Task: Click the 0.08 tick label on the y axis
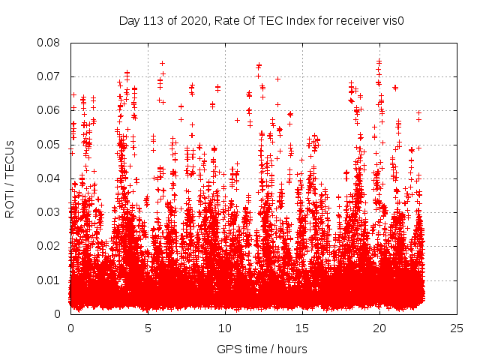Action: coord(49,43)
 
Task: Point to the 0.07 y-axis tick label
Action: coord(49,76)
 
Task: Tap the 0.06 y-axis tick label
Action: coord(49,110)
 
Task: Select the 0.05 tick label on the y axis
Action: coord(49,144)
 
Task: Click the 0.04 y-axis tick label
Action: coord(49,178)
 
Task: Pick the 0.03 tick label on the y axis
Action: coord(49,212)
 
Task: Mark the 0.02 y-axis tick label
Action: coord(49,246)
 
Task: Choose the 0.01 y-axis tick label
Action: coord(49,280)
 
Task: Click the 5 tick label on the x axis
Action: coord(148,328)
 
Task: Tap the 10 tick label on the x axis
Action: coord(225,328)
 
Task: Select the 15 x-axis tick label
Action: coord(302,328)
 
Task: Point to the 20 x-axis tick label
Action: coord(379,328)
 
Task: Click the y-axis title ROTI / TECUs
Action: coord(10,178)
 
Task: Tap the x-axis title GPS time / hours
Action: coord(262,349)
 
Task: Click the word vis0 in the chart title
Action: coord(393,20)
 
